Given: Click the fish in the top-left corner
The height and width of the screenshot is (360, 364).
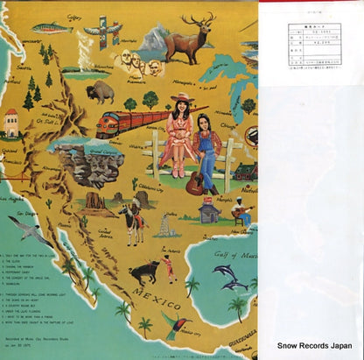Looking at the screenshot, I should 52,27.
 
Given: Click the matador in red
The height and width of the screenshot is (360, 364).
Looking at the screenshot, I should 171,264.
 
